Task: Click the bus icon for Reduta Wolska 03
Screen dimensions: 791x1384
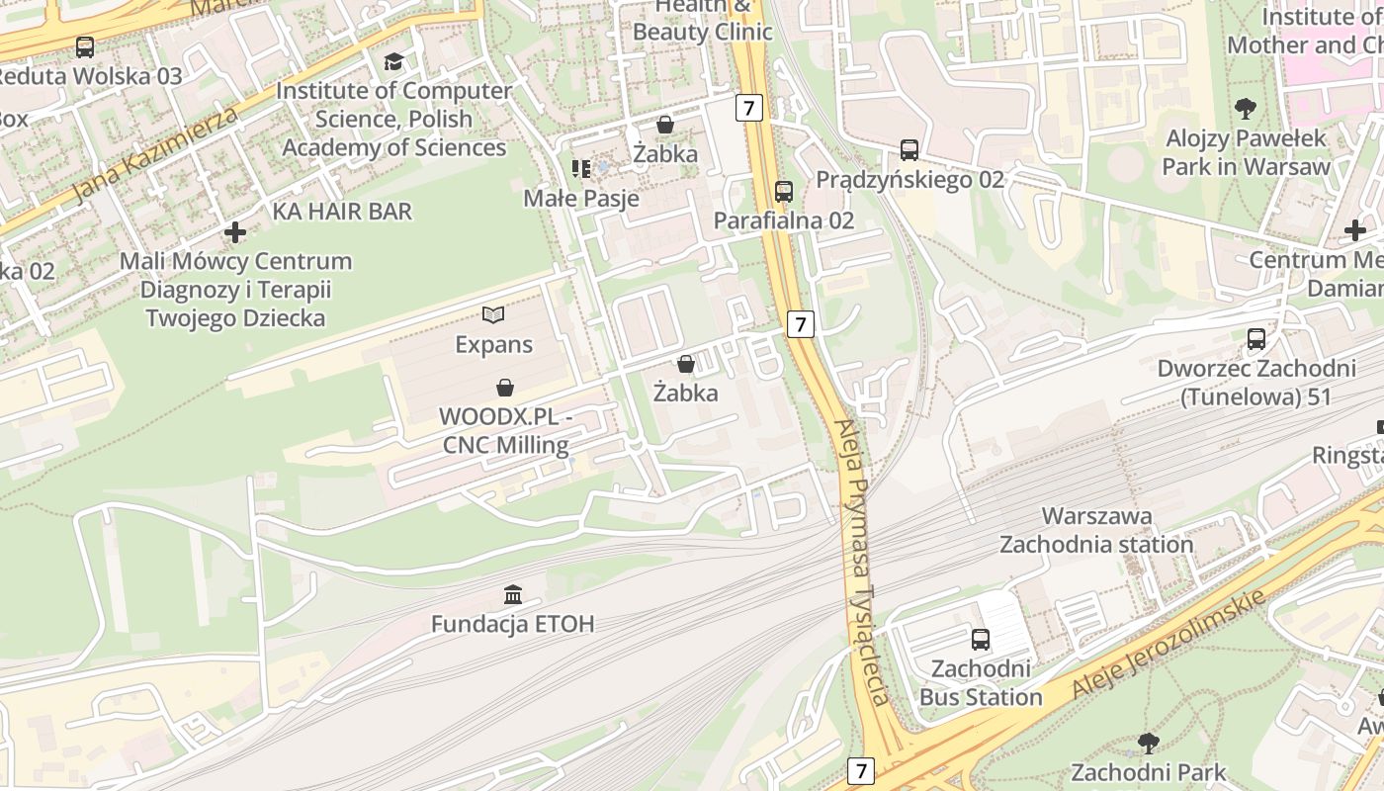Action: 85,46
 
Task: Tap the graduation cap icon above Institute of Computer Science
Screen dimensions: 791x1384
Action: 393,62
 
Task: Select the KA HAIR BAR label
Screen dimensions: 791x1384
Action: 342,212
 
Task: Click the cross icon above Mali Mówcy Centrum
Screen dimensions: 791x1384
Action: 235,232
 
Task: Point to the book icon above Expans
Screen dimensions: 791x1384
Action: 493,315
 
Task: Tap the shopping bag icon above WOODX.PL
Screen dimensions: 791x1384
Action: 505,387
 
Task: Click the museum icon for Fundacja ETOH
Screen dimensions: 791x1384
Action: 513,594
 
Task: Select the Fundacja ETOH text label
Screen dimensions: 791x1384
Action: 512,624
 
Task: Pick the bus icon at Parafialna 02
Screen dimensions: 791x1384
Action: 784,191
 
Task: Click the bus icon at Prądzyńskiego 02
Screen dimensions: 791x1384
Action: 909,150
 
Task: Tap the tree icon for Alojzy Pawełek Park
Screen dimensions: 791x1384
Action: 1246,108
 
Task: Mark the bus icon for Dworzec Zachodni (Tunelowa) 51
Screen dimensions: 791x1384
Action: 1256,339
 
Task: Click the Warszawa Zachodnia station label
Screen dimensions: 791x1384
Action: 1096,530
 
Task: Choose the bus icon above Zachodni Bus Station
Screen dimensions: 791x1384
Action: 981,640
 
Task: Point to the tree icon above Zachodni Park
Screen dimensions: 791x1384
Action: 1148,743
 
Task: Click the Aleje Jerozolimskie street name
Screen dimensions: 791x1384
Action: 1168,642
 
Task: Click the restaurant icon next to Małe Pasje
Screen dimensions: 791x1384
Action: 581,169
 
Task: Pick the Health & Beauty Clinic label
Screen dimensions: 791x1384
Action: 703,20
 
